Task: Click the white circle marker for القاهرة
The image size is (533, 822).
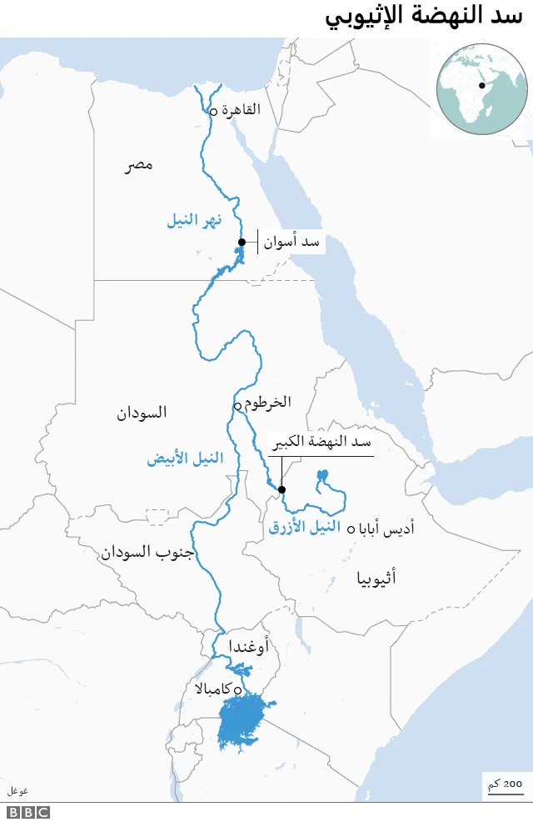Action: pos(213,111)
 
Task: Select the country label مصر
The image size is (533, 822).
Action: pos(139,166)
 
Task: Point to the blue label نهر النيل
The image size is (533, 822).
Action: pos(194,221)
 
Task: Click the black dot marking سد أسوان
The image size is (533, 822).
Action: pos(242,243)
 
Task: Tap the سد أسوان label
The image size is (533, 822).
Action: pos(291,243)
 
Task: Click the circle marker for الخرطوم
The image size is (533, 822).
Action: pos(237,406)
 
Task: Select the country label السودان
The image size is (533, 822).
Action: pos(142,413)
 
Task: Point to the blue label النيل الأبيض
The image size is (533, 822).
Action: pos(185,459)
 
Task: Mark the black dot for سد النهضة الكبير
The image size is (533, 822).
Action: pos(282,489)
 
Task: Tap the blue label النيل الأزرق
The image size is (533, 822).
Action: pos(305,527)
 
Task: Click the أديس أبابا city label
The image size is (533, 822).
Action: pos(386,529)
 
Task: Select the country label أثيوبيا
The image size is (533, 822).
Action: pos(376,577)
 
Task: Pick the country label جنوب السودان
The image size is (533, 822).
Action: pos(148,552)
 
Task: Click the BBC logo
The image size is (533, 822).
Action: pos(29,812)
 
